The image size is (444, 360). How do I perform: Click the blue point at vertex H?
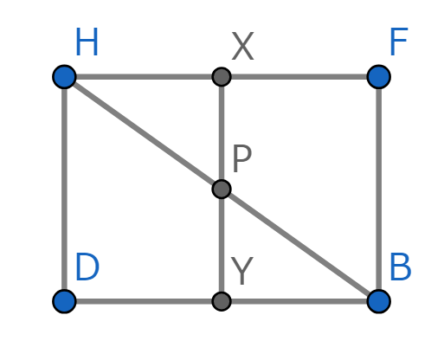[64, 77]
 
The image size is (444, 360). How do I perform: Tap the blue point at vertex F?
[379, 77]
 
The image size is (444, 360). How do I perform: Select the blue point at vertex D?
[64, 301]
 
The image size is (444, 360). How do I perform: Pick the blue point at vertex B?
[379, 301]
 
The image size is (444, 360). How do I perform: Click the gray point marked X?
[222, 77]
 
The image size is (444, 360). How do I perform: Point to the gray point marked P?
[222, 189]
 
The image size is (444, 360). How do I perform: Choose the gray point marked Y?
[222, 301]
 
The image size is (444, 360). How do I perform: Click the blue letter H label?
[87, 42]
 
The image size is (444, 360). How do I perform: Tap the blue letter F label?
[399, 42]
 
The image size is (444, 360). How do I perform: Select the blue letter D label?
[87, 267]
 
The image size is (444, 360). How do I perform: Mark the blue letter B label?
[401, 267]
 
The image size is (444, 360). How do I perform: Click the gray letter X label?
[242, 46]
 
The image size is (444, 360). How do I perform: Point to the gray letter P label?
[241, 158]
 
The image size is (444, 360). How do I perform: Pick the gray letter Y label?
[242, 271]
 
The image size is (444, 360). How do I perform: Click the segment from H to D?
[64, 189]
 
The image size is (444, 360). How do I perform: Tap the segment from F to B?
[379, 189]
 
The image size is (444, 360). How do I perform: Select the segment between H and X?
[143, 77]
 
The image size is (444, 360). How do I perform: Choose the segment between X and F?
[300, 77]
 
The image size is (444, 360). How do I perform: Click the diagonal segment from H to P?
[143, 132]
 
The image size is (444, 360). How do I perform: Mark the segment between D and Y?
[143, 301]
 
